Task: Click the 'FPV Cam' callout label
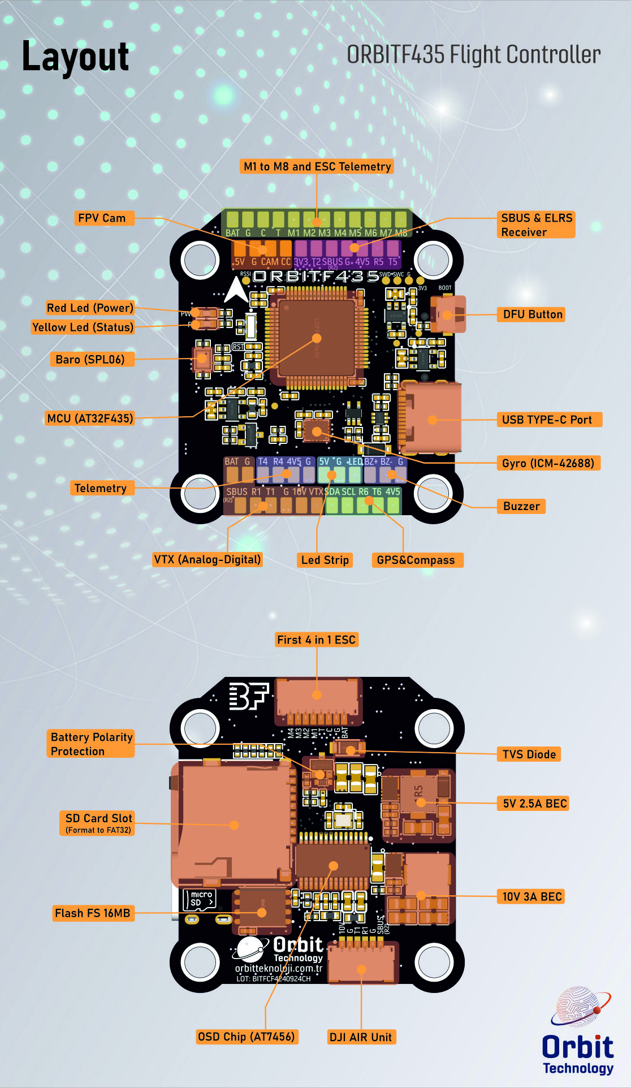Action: (102, 218)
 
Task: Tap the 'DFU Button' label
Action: (533, 314)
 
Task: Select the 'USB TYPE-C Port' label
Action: (547, 420)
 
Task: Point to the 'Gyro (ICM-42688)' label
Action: (548, 463)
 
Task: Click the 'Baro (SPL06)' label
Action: (90, 359)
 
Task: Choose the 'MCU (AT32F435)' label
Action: (90, 418)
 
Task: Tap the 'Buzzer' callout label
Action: (521, 506)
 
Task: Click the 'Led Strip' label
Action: (325, 560)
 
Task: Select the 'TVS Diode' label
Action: (529, 754)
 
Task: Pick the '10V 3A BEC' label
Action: (532, 896)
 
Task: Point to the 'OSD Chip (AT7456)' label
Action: (247, 1037)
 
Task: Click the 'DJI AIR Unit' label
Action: (361, 1037)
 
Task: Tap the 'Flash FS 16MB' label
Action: (93, 913)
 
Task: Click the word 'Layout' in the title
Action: (75, 57)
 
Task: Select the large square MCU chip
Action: (317, 338)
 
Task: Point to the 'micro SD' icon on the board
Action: (200, 899)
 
